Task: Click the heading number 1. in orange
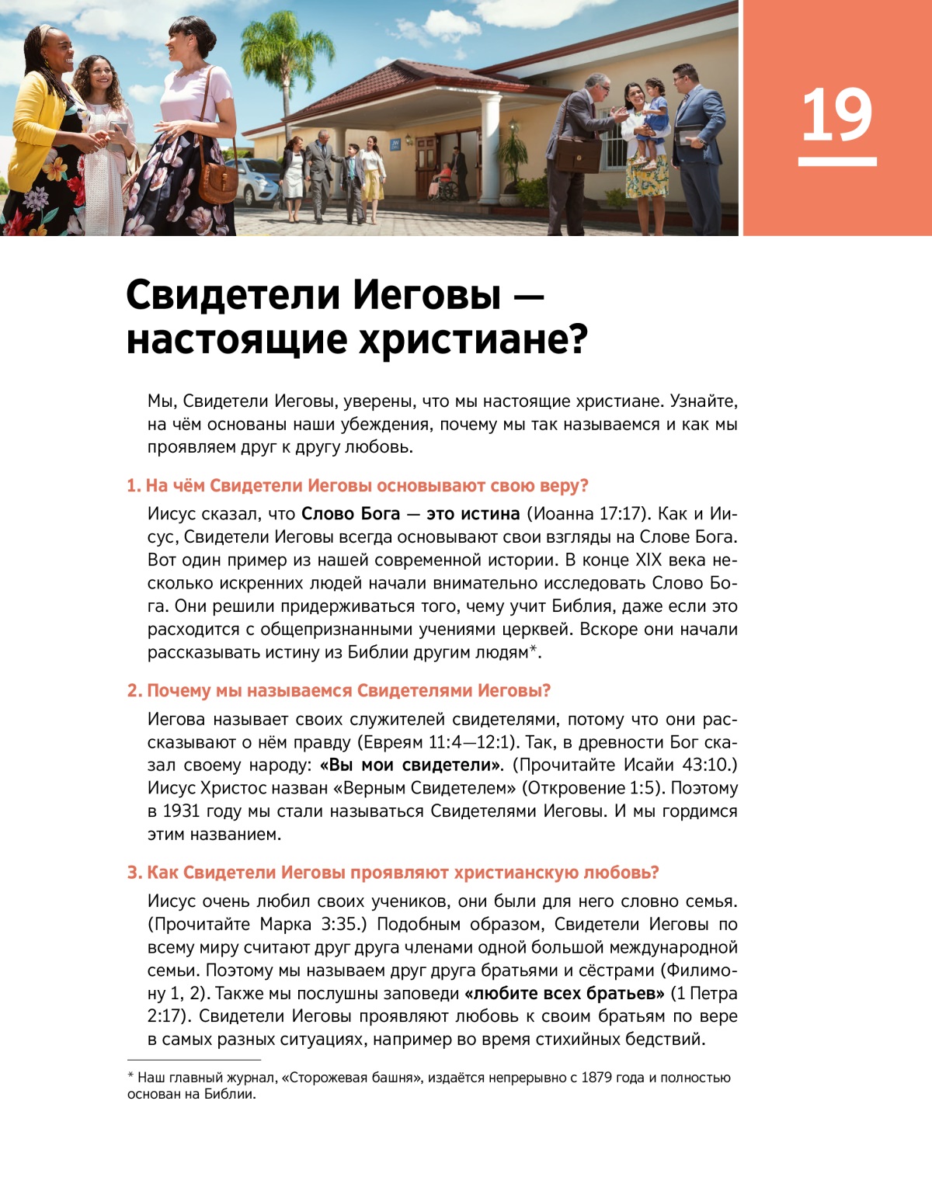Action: [x=134, y=486]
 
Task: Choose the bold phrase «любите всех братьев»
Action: [x=564, y=994]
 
